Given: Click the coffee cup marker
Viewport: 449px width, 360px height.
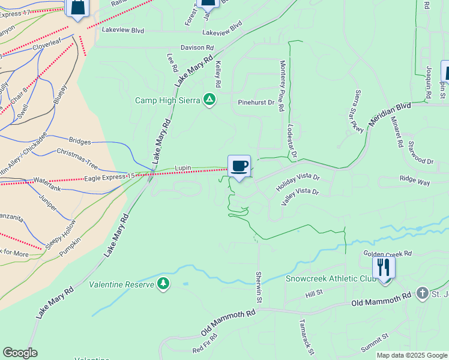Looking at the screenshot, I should [x=239, y=166].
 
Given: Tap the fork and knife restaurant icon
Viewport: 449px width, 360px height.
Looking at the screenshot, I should [x=384, y=267].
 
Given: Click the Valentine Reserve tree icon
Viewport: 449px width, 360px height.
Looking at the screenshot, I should [x=163, y=283].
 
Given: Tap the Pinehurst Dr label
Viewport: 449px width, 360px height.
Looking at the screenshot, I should [x=256, y=103].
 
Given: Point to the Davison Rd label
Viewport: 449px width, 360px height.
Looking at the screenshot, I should [x=197, y=47].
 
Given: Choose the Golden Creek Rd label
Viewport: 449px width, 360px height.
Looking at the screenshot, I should [x=388, y=253].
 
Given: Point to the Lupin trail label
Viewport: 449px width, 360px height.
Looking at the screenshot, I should [x=182, y=168].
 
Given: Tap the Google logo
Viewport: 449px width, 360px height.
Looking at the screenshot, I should [x=20, y=352].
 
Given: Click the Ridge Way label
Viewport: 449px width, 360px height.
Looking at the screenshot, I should [x=415, y=178].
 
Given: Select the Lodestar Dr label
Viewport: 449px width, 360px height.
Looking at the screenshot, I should [x=292, y=140].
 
